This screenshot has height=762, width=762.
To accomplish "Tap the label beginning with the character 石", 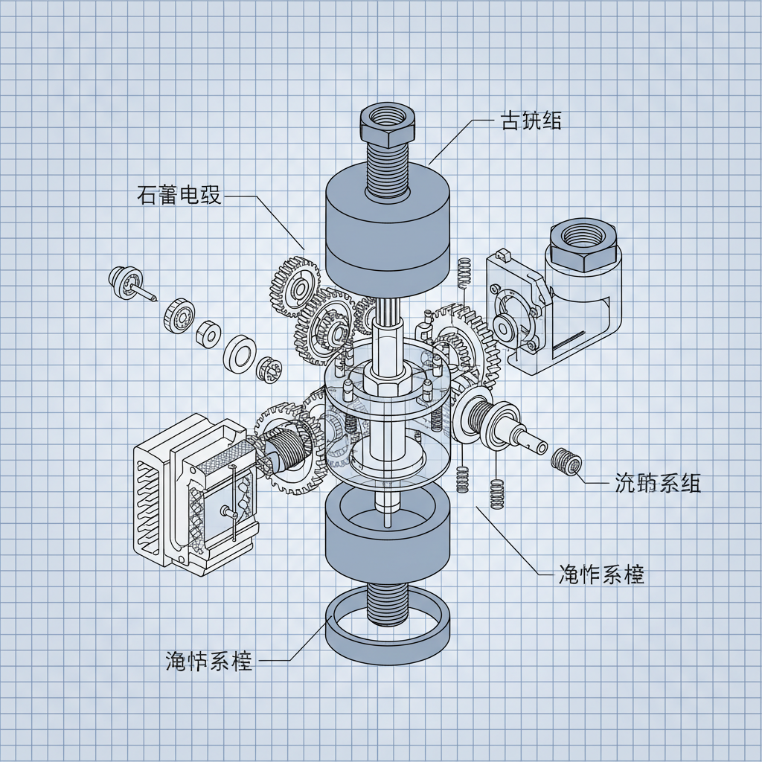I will coord(179,196).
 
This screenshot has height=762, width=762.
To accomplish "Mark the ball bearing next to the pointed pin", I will coord(179,313).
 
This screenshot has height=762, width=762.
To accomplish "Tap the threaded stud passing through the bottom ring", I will coord(388,603).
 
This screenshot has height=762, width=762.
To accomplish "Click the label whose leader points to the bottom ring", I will coord(209,660).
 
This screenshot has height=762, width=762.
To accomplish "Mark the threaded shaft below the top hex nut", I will coord(387,167).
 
